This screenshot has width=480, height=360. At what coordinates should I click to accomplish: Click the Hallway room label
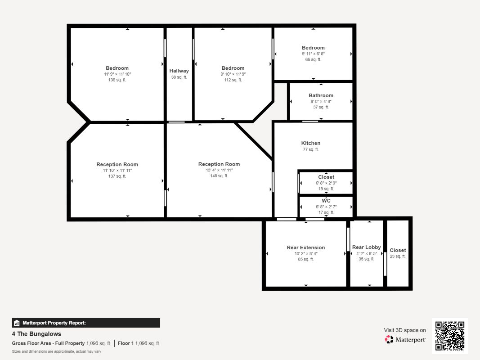[x=179, y=71]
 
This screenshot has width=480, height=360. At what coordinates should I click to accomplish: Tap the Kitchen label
[x=311, y=143]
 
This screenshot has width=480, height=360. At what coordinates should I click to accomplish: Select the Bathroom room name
[x=321, y=95]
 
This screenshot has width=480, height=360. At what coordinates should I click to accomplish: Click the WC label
[x=326, y=201]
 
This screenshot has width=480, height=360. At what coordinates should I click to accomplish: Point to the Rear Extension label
[x=306, y=247]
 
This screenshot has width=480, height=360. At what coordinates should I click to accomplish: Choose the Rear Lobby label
[x=367, y=247]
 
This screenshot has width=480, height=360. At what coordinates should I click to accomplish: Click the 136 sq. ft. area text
[x=117, y=80]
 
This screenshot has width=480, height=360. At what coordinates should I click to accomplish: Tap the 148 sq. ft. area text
[x=219, y=175]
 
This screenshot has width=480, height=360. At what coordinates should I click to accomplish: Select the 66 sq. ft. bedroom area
[x=313, y=59]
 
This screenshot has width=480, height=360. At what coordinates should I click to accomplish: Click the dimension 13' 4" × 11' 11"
[x=219, y=170]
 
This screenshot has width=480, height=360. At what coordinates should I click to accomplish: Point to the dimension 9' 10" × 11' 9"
[x=233, y=74]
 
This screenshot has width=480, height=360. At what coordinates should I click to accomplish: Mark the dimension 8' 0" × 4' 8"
[x=321, y=101]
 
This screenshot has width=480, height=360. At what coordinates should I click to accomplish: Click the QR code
[x=450, y=336]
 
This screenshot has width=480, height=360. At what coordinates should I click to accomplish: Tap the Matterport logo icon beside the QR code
[x=389, y=339]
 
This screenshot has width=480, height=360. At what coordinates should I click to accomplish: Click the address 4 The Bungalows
[x=36, y=334]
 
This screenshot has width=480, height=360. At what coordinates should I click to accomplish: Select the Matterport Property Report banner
[x=86, y=323]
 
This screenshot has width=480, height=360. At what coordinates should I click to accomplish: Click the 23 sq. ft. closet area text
[x=398, y=256]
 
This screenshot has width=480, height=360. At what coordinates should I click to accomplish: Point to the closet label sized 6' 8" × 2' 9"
[x=326, y=177]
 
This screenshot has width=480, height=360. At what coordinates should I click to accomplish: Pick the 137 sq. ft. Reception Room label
[x=117, y=164]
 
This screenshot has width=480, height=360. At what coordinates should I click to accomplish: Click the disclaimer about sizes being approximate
[x=56, y=351]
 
